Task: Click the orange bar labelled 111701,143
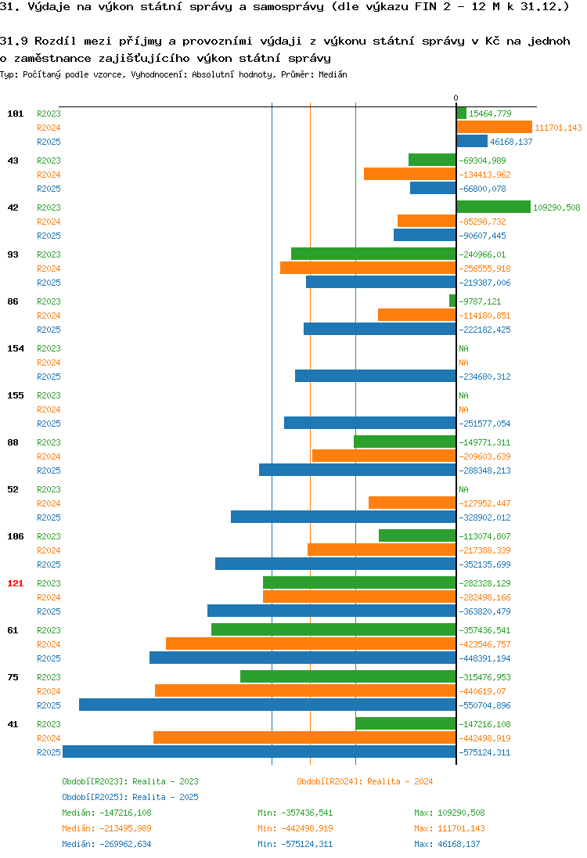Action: tap(494, 127)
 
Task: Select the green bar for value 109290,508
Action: tap(493, 207)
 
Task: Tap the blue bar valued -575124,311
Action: tap(259, 752)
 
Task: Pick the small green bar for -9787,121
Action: tap(452, 301)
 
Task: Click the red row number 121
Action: tap(16, 583)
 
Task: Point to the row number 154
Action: tap(16, 348)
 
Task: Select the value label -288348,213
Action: tap(484, 470)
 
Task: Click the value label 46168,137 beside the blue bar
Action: tap(511, 142)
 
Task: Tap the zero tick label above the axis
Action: tap(456, 98)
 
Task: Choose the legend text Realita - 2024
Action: tap(400, 781)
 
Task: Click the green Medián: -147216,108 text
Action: tap(106, 813)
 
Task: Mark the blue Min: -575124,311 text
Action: tap(295, 844)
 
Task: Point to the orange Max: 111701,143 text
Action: tap(450, 828)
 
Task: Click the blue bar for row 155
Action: tap(370, 423)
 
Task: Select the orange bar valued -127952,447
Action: tap(412, 503)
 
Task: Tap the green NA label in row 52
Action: tap(463, 489)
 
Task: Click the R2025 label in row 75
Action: tap(49, 705)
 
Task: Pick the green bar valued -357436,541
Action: tap(333, 630)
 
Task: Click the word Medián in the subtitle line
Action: tap(333, 74)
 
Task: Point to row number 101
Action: tap(16, 114)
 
